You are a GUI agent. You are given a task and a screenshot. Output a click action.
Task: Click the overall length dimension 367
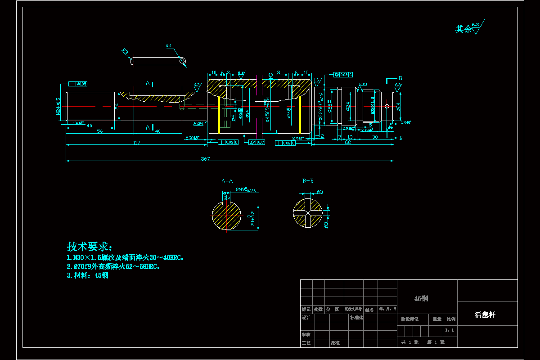coord(205,158)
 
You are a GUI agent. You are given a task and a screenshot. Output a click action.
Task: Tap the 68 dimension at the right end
coord(348,143)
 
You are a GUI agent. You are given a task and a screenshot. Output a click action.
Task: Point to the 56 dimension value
coord(100,131)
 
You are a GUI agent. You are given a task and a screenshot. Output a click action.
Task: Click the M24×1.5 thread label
coord(58,106)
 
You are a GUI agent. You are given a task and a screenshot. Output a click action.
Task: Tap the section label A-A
coord(227,181)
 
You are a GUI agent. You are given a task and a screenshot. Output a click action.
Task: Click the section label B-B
coord(308,181)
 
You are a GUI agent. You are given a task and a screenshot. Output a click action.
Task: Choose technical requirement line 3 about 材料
coord(87,276)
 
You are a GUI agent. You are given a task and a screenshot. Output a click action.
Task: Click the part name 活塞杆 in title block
coord(485,315)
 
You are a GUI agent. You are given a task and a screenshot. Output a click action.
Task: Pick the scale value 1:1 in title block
coord(449,330)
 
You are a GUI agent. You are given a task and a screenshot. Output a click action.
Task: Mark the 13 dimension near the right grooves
coord(350,136)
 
